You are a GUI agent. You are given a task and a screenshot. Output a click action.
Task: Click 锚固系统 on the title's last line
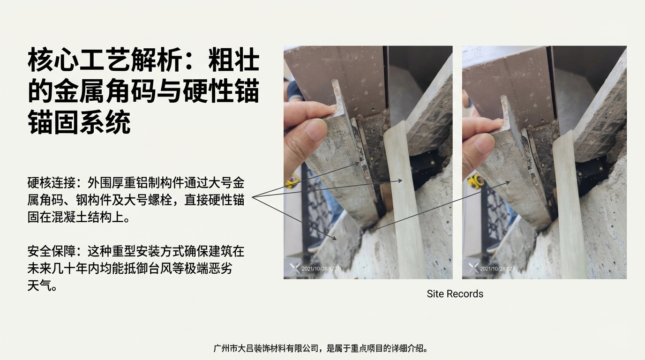click(79, 122)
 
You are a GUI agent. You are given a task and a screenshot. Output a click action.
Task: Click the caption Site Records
click(455, 294)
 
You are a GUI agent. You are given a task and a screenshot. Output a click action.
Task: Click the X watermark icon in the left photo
click(294, 268)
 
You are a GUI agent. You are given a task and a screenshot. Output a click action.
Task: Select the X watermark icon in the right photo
click(473, 268)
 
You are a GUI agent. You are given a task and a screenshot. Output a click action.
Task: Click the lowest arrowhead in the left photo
click(334, 238)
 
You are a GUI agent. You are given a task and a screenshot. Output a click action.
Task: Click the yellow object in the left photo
click(292, 181)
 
